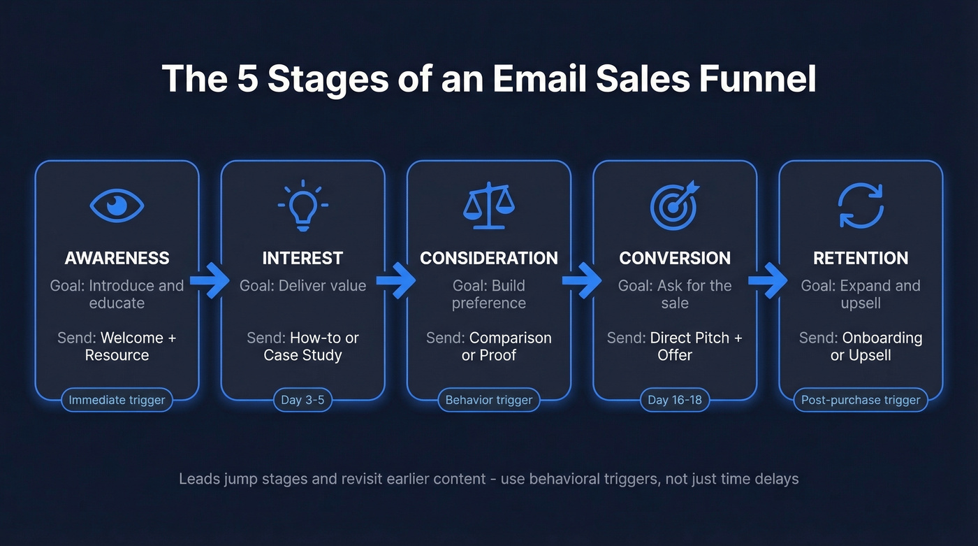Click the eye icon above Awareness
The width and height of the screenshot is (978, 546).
(x=117, y=206)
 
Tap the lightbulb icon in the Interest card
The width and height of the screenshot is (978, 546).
(x=302, y=206)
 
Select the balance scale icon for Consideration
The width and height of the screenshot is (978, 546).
(x=489, y=206)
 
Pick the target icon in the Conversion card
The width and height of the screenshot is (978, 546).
(x=674, y=206)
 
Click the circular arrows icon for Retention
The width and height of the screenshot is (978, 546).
(x=861, y=206)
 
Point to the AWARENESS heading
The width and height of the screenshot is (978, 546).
(x=117, y=258)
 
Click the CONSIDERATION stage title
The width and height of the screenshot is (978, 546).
(x=489, y=258)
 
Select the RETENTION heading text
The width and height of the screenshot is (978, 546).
(x=861, y=258)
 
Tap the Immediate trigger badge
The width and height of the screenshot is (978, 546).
(x=117, y=400)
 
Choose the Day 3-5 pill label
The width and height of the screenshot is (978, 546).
(x=302, y=400)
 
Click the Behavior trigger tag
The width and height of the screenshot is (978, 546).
(x=489, y=400)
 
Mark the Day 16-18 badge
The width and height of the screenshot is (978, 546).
(x=674, y=400)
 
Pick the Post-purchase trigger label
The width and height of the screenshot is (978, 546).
(x=861, y=400)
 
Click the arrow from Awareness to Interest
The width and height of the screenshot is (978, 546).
(x=210, y=280)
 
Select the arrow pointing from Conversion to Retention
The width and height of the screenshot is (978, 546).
(x=768, y=280)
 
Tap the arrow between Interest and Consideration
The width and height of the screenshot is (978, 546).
(x=396, y=280)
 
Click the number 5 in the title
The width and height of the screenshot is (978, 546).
(x=247, y=79)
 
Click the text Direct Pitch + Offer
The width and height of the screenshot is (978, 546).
(x=675, y=346)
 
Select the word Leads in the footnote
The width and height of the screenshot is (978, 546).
(x=198, y=479)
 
